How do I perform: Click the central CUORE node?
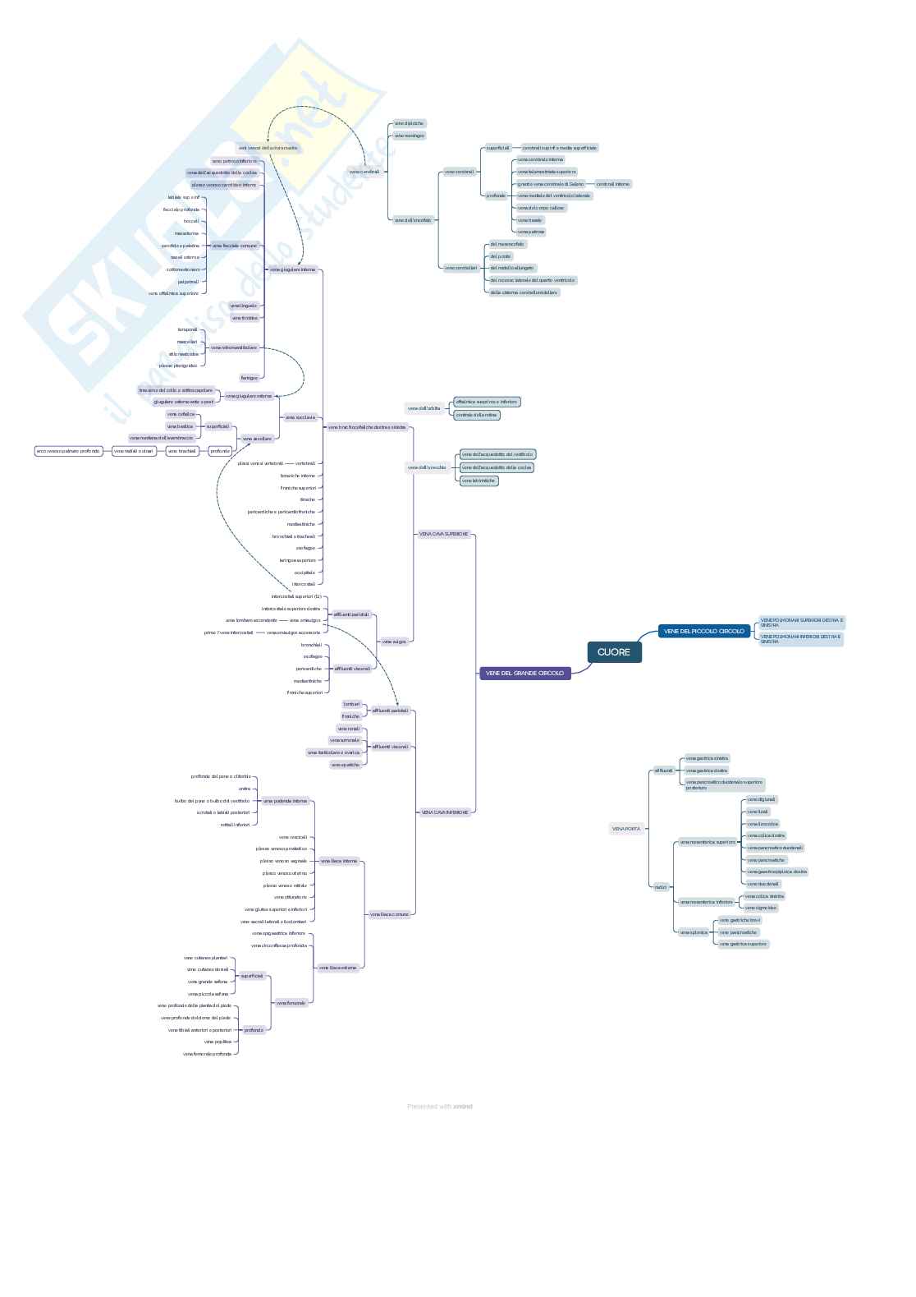pyautogui.click(x=614, y=652)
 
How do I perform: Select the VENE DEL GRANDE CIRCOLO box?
pyautogui.click(x=524, y=673)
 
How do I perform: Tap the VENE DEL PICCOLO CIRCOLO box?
pyautogui.click(x=704, y=631)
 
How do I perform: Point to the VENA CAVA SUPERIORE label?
pyautogui.click(x=443, y=534)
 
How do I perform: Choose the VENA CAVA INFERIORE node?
pyautogui.click(x=445, y=812)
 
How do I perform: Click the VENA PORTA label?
pyautogui.click(x=626, y=829)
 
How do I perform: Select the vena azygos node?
pyautogui.click(x=394, y=641)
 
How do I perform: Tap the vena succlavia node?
pyautogui.click(x=300, y=417)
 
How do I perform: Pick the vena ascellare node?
pyautogui.click(x=257, y=439)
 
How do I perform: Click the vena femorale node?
pyautogui.click(x=291, y=1003)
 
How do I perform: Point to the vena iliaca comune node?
pyautogui.click(x=389, y=914)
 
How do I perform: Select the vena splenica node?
pyautogui.click(x=694, y=932)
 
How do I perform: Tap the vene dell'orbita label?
pyautogui.click(x=424, y=408)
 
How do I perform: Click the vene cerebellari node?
pyautogui.click(x=460, y=268)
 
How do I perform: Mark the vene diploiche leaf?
pyautogui.click(x=409, y=123)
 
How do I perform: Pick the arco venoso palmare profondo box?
pyautogui.click(x=68, y=451)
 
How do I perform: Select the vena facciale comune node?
pyautogui.click(x=235, y=246)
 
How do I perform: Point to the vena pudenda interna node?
pyautogui.click(x=285, y=800)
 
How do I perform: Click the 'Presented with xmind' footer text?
pyautogui.click(x=440, y=1106)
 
